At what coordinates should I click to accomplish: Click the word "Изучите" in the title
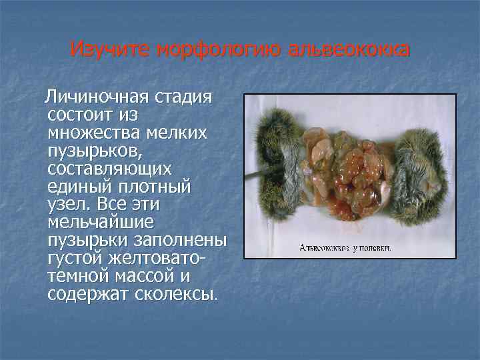tap(109, 49)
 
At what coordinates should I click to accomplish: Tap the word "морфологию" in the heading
tap(211, 49)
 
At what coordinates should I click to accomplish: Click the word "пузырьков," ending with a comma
tap(93, 151)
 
